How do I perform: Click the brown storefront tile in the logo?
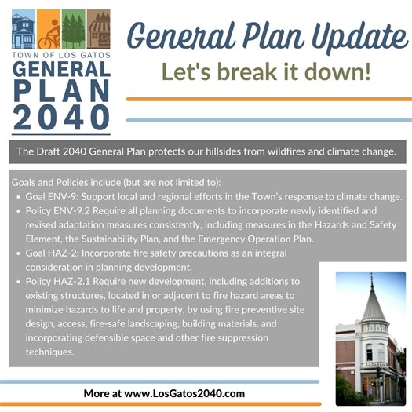[x=98, y=31]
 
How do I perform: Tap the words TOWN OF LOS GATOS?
[x=61, y=57]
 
